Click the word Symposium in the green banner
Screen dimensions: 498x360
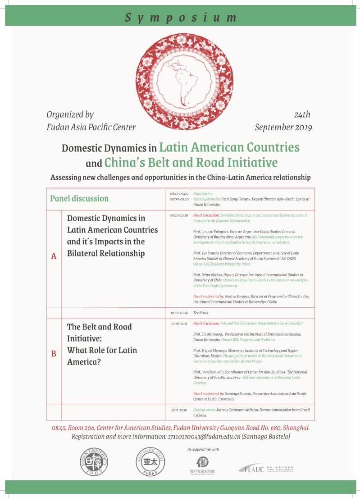coord(181,18)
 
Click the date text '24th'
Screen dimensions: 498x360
coord(302,115)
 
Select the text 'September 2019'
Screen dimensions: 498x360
coord(283,127)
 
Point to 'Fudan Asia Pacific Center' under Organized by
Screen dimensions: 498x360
coord(91,127)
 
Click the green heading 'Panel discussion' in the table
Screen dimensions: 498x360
coord(79,198)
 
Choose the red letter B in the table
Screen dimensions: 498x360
coord(54,354)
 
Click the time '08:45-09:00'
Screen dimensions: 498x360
coord(179,194)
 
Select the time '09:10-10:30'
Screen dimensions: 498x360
coord(179,215)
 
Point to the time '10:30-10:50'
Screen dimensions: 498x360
coord(179,312)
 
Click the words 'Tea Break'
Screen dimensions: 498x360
coord(201,312)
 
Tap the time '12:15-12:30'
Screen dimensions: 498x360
coord(179,410)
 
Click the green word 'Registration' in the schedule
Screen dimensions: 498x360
coord(203,194)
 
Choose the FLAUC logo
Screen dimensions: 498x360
coord(267,469)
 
